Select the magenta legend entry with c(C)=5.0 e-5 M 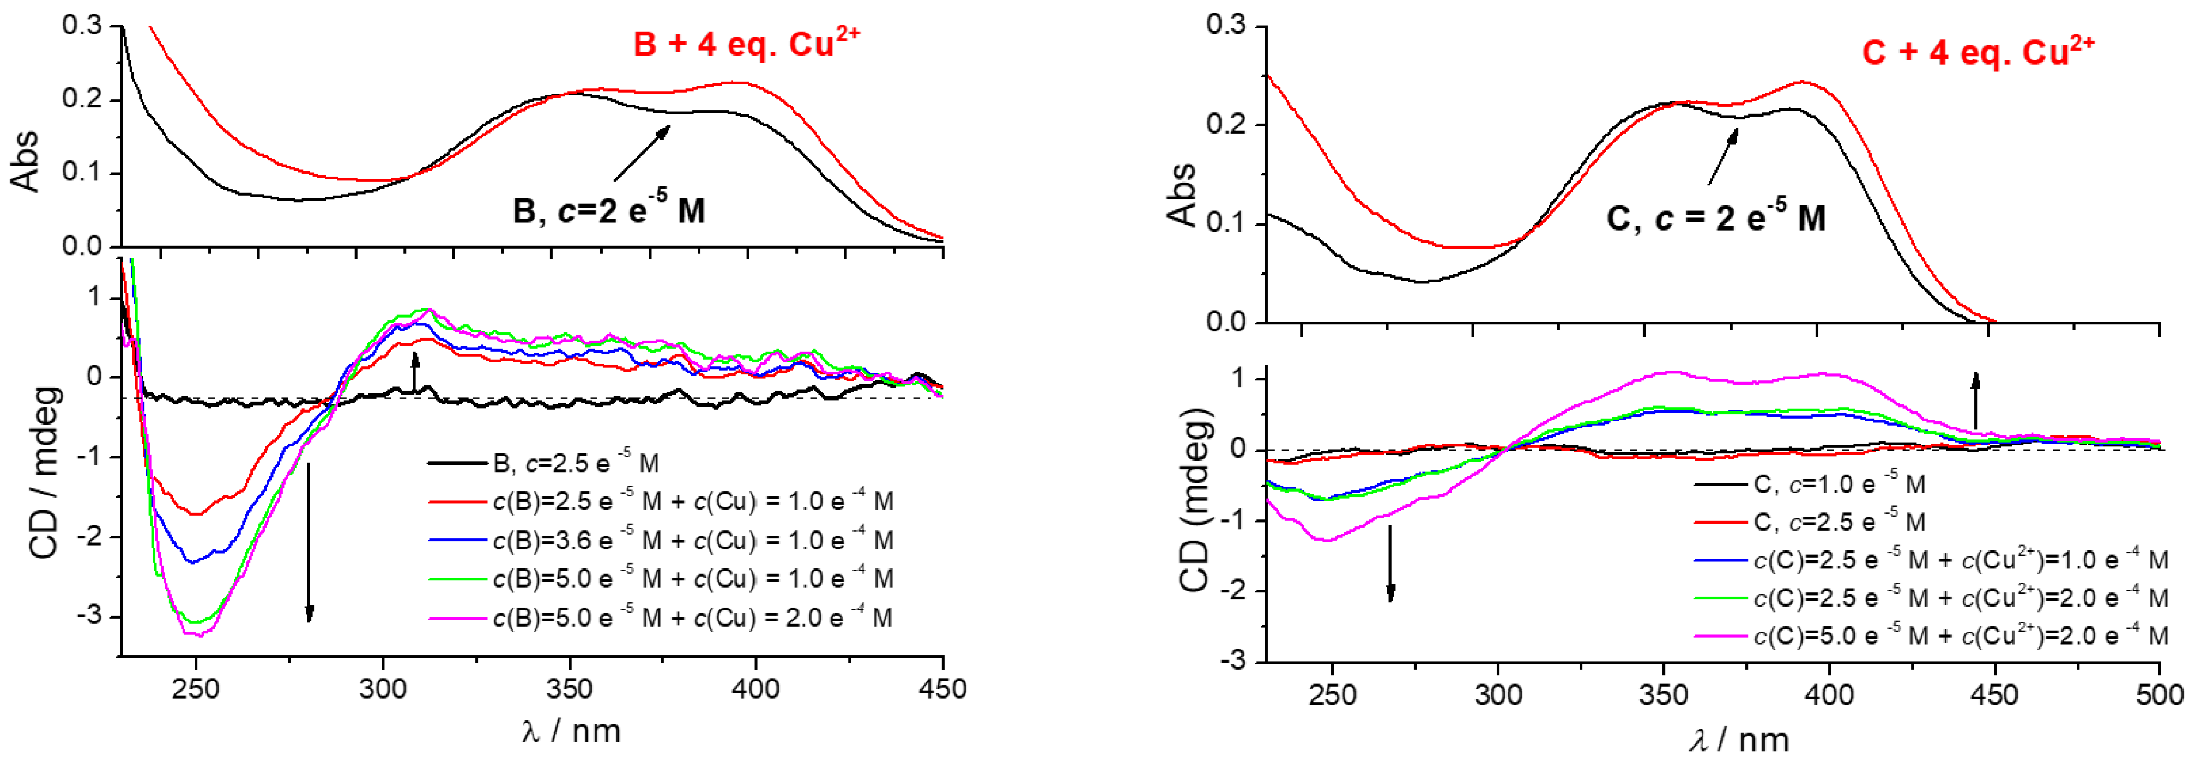[1961, 635]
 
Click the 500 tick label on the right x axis [2159, 694]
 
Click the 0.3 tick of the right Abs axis [1225, 26]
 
